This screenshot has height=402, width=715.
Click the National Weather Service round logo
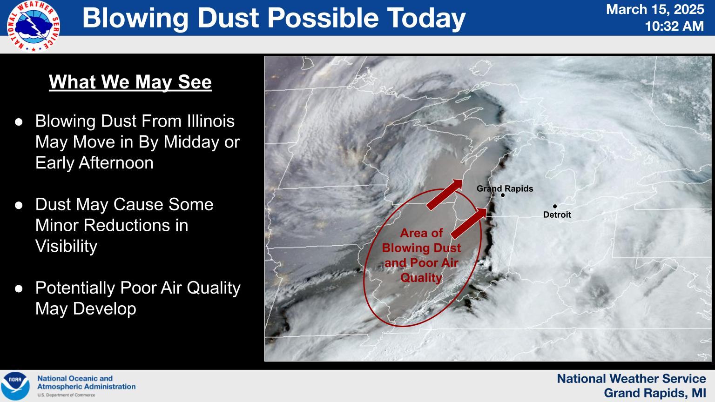[x=33, y=26]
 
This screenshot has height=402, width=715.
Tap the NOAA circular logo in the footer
[x=15, y=386]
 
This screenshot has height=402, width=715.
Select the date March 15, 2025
[x=655, y=10]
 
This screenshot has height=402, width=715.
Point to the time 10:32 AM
[x=674, y=26]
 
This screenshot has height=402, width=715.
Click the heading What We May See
[x=130, y=82]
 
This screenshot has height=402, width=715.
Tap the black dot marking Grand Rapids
[x=503, y=195]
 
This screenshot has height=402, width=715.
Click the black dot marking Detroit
[x=555, y=207]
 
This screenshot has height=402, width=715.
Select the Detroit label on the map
[x=557, y=214]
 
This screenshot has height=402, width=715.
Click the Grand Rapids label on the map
[x=505, y=188]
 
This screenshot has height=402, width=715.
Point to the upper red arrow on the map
[x=445, y=194]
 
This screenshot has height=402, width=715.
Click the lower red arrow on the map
[x=469, y=223]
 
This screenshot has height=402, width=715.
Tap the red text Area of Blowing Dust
[x=421, y=240]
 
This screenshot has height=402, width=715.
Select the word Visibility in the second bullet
[x=67, y=246]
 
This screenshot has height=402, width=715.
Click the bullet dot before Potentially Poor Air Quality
[x=19, y=288]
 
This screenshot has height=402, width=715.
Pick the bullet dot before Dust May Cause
[x=19, y=205]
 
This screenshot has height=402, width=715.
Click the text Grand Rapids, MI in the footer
[x=655, y=393]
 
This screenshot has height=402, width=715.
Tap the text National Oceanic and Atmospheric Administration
[x=86, y=382]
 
